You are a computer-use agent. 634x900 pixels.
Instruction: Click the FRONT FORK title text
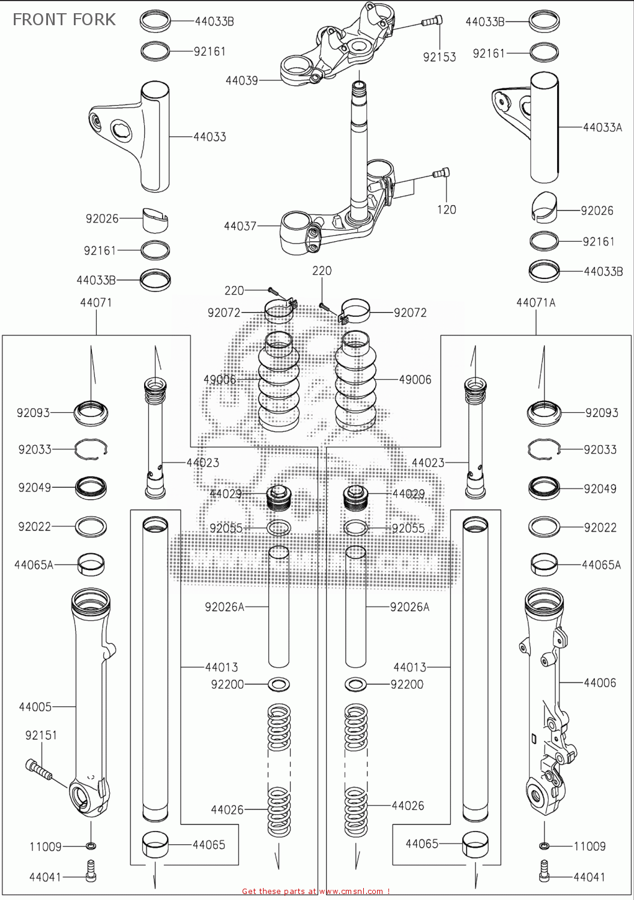click(x=64, y=19)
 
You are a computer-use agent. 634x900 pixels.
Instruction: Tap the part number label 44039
click(x=241, y=80)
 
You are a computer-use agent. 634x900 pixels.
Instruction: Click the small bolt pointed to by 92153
click(x=432, y=21)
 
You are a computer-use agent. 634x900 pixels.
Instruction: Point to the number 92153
click(x=439, y=57)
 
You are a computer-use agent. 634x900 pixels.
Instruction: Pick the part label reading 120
click(x=446, y=209)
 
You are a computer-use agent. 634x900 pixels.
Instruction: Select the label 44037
click(x=240, y=226)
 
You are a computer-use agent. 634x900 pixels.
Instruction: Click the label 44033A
click(x=602, y=127)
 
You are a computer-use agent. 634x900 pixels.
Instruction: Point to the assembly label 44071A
click(x=536, y=303)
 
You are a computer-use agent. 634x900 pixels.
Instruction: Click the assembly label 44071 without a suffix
click(x=95, y=303)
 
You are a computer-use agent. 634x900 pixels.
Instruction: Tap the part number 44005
click(x=35, y=707)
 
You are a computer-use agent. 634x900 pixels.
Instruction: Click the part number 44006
click(x=600, y=682)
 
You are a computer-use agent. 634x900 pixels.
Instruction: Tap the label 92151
click(x=41, y=735)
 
